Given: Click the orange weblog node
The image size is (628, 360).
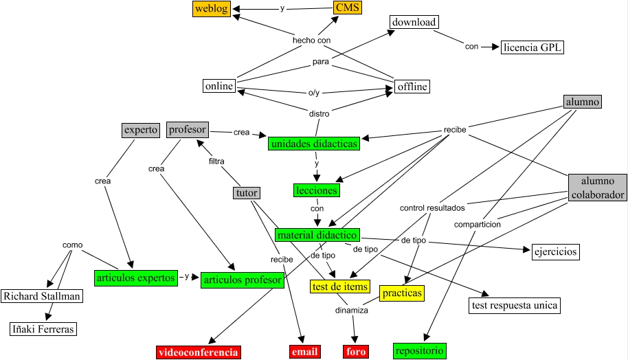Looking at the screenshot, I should coord(211,8).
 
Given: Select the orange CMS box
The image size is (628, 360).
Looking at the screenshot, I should coord(347,8).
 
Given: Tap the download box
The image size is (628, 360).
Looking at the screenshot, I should coord(414,22).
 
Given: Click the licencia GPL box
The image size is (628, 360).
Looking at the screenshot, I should coord(532,47).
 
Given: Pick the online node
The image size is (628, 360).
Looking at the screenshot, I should coord(219,86).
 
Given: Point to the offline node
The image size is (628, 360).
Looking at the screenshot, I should coord(412,87).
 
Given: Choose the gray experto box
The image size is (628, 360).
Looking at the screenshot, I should coord(141,129).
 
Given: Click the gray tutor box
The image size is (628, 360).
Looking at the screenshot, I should coord(247,194).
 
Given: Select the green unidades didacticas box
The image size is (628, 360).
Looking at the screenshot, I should coord(315,144).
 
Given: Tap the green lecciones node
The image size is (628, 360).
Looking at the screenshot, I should coord(317,190).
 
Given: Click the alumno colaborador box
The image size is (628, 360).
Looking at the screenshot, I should coord(598,188).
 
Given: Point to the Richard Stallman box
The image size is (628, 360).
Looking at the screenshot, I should coord(42,297).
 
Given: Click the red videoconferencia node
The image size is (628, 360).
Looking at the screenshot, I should coord(199,352).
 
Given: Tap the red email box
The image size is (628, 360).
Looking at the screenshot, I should coord(305,352).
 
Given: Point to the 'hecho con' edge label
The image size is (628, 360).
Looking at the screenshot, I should coord(311,41).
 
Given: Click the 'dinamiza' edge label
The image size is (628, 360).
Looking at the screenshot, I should coord(352,311).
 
